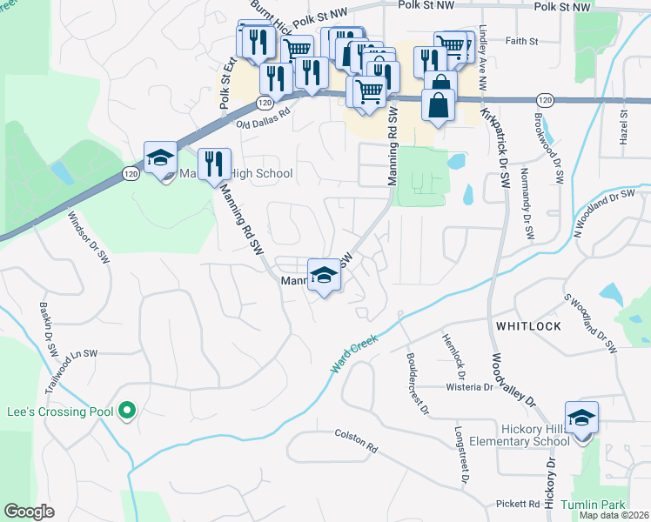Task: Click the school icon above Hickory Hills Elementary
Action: point(581,418)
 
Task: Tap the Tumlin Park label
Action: point(593,505)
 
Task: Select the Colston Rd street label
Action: point(356,441)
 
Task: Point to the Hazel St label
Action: point(623,132)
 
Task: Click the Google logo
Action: point(29,512)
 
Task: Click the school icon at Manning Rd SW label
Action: point(324,275)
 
